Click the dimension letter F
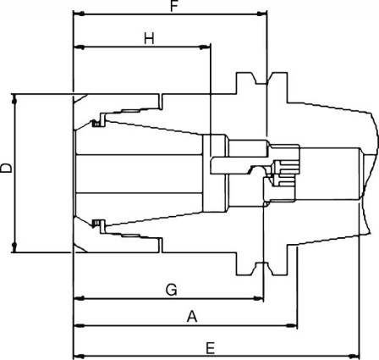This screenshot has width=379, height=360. click(173, 7)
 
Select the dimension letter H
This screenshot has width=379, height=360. click(149, 38)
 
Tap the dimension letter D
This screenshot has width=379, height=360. click(7, 169)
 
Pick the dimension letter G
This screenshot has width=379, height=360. click(171, 290)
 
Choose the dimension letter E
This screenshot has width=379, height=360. click(210, 347)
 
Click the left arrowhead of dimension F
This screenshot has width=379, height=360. click(78, 15)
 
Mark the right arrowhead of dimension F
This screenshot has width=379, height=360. click(262, 15)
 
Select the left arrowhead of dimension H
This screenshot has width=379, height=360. click(78, 47)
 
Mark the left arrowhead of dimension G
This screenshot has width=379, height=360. click(78, 298)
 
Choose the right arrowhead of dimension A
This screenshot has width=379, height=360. click(294, 324)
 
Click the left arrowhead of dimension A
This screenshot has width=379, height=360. click(78, 324)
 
